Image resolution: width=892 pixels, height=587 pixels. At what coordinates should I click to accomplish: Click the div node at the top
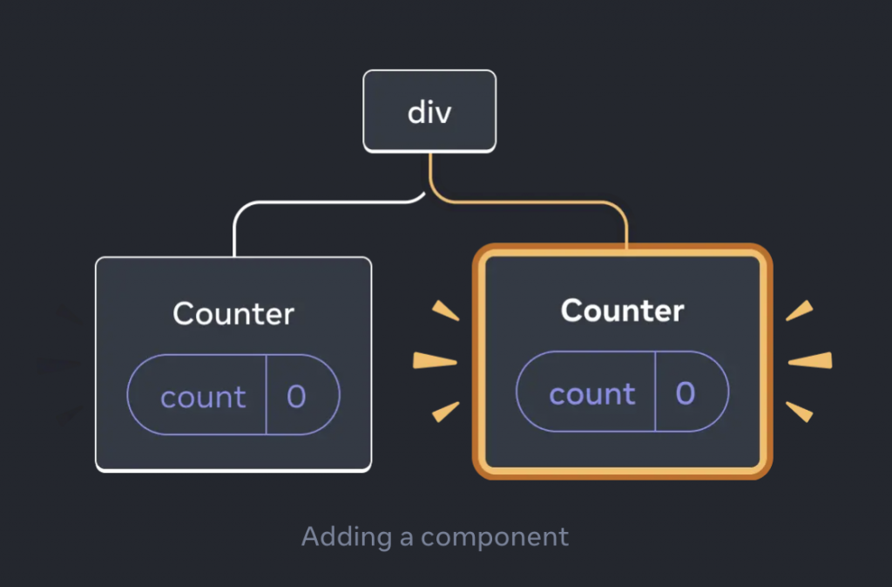[429, 112]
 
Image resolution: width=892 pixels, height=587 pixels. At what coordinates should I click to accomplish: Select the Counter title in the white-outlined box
[233, 314]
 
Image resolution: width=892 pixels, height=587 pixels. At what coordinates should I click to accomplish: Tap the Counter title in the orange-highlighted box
[622, 311]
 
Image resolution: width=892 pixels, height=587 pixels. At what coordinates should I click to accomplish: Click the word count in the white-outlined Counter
[203, 398]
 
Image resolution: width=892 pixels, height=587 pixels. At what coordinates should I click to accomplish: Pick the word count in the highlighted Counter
[591, 394]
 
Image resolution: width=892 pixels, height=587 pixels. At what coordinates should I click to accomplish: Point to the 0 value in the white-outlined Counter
[296, 398]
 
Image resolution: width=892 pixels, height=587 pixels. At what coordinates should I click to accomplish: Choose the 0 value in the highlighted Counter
[686, 394]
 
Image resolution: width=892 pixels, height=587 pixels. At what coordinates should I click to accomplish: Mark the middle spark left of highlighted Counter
[434, 360]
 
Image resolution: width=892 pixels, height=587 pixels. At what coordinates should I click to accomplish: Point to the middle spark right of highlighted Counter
[810, 360]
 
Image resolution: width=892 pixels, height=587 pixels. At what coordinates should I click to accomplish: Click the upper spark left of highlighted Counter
[445, 311]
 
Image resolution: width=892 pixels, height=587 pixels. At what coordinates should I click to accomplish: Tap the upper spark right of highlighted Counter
[800, 311]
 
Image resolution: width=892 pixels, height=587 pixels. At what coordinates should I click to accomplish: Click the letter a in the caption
[406, 537]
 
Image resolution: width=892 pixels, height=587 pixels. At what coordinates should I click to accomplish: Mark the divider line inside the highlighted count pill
[654, 394]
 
